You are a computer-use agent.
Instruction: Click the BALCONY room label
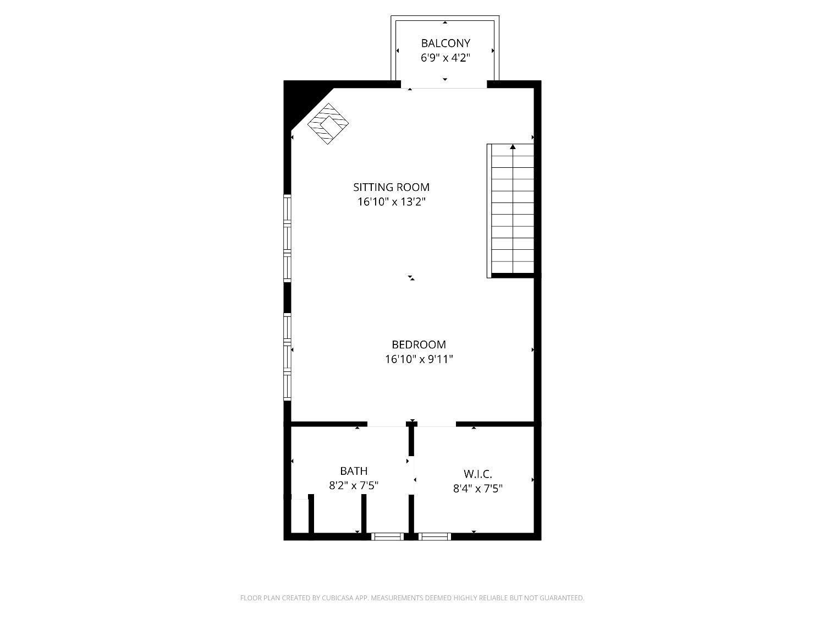pos(446,43)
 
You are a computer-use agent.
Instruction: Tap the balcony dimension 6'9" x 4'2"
pos(446,58)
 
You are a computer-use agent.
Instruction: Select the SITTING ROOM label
pos(391,187)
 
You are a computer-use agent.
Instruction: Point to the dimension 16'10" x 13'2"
pos(391,202)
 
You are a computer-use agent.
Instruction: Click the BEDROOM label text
pos(419,344)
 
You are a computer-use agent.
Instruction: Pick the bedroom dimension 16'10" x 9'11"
pos(419,359)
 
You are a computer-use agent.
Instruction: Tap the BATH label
pos(354,471)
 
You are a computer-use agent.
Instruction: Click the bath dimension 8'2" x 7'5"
pos(354,486)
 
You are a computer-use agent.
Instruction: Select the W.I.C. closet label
pos(477,474)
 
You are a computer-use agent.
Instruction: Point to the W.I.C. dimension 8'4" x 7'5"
pos(477,488)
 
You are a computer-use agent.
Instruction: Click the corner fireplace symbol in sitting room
pos(328,124)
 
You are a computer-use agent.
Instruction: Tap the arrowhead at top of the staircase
pos(513,147)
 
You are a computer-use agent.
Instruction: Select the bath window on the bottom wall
pos(388,536)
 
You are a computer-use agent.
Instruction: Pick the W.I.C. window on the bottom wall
pos(435,536)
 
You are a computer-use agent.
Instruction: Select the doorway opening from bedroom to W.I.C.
pos(437,424)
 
